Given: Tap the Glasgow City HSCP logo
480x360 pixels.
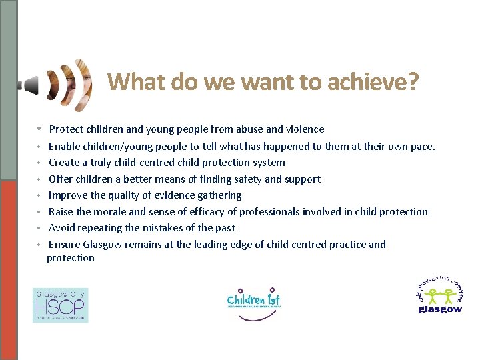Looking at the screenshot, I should pyautogui.click(x=60, y=305).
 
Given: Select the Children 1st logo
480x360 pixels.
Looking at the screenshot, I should pyautogui.click(x=254, y=303).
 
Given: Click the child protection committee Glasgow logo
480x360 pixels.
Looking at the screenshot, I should pyautogui.click(x=439, y=295).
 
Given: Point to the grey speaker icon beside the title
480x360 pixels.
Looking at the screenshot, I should pyautogui.click(x=29, y=85).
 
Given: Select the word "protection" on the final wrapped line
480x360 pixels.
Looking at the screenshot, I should pyautogui.click(x=71, y=258).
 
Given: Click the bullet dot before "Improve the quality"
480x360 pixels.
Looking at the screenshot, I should pyautogui.click(x=40, y=196).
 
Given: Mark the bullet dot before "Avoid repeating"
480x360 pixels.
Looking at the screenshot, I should pyautogui.click(x=40, y=229).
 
